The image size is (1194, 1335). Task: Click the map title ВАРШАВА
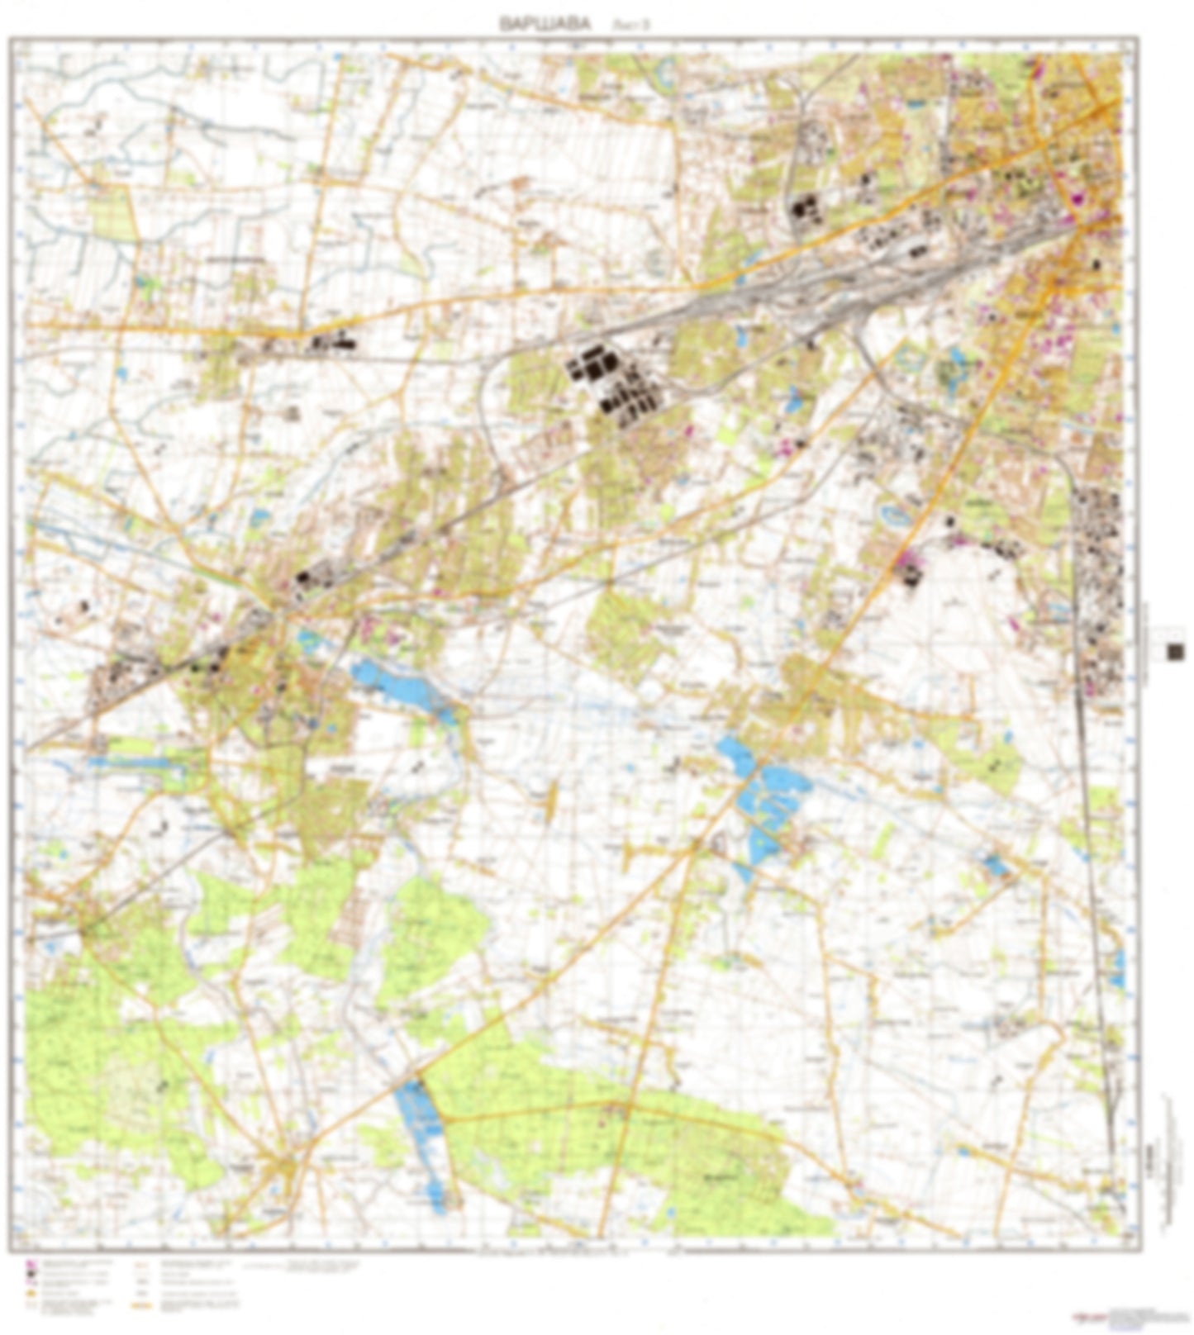pyautogui.click(x=545, y=24)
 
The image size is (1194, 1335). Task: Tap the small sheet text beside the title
pyautogui.click(x=631, y=25)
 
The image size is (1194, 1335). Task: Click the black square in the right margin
pyautogui.click(x=1175, y=652)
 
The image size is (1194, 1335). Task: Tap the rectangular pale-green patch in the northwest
pyautogui.click(x=112, y=211)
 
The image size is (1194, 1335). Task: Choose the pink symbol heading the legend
pyautogui.click(x=30, y=1265)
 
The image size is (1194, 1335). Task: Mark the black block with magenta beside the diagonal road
pyautogui.click(x=909, y=570)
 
